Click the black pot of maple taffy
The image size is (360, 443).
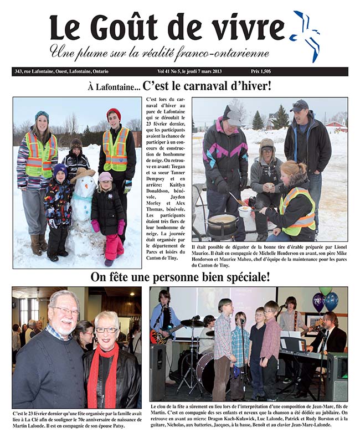223,224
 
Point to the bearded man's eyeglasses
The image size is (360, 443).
66,311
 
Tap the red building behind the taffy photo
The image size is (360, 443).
337,126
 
